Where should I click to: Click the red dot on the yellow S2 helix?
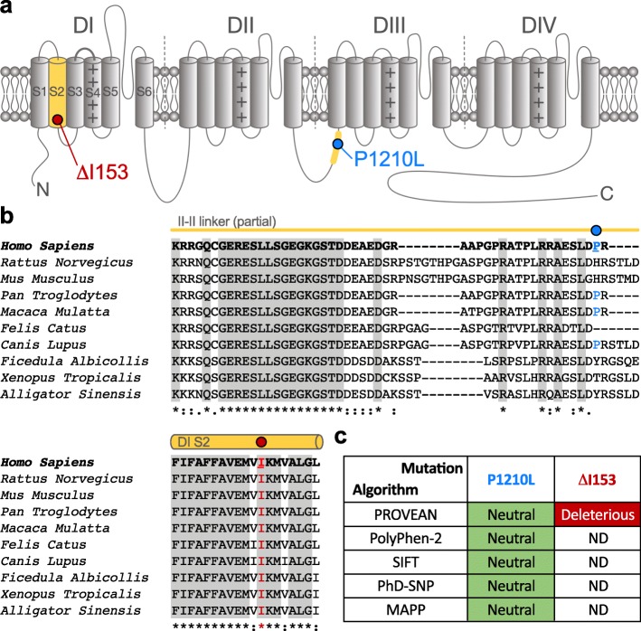coord(58,119)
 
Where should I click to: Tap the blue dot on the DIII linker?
coord(338,144)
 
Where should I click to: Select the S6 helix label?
coord(144,91)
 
